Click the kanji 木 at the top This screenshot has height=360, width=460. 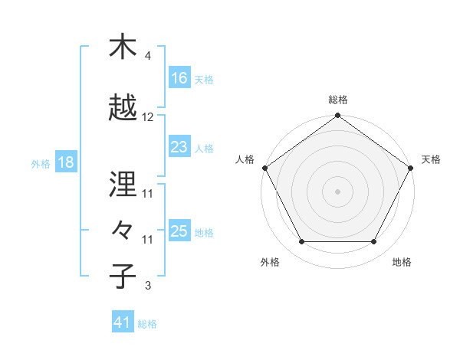[x=123, y=47]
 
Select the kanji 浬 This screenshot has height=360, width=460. [x=123, y=184]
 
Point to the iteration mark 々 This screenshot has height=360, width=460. [x=123, y=230]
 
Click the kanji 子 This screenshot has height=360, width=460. [x=123, y=276]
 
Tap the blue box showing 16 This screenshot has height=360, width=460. [x=179, y=77]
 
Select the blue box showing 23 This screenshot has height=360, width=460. [x=179, y=147]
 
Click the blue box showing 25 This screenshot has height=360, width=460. [x=179, y=231]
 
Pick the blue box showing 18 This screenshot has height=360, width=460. [x=65, y=163]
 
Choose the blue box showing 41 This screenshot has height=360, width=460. [x=123, y=322]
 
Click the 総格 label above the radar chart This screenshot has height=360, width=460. [x=337, y=100]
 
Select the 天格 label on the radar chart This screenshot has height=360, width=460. [x=431, y=159]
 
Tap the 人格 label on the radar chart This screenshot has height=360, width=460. [x=245, y=159]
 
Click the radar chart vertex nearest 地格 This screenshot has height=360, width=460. [x=374, y=242]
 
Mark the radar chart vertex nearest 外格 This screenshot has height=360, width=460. [x=301, y=242]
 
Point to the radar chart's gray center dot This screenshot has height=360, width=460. [x=337, y=191]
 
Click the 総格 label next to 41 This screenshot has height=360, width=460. [x=147, y=324]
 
